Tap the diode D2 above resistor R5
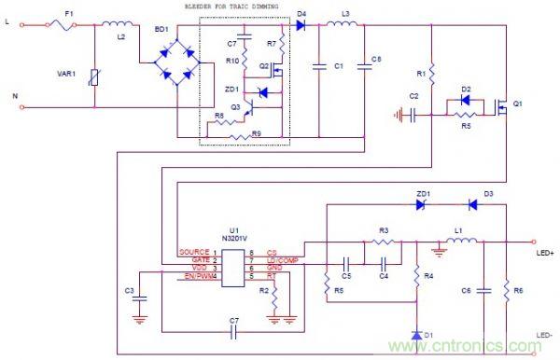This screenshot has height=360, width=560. tap(466, 100)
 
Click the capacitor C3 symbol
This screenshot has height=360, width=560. tap(140, 299)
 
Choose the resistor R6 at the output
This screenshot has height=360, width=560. tap(506, 290)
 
